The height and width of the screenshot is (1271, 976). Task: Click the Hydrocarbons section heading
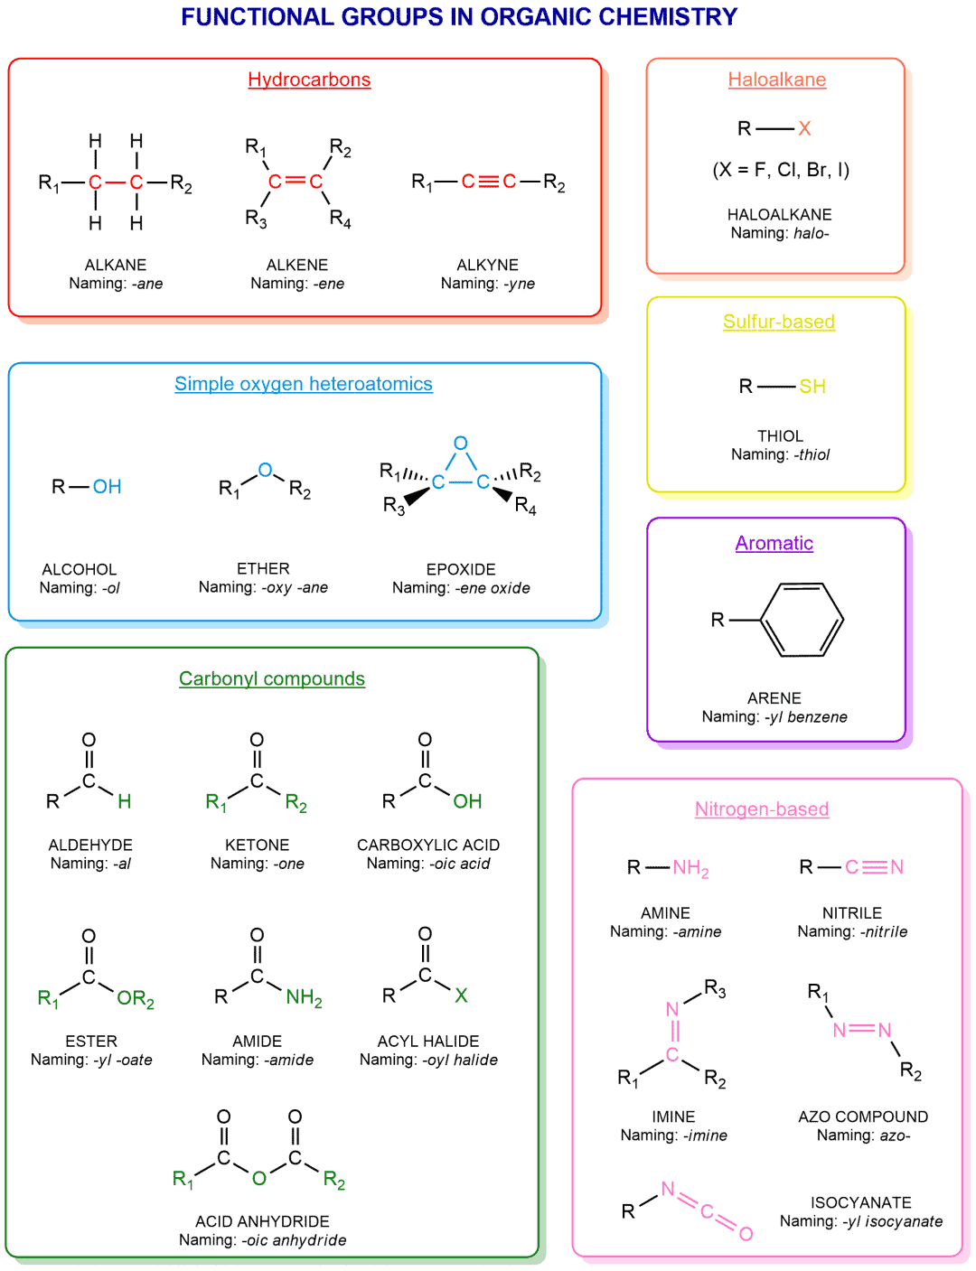309,79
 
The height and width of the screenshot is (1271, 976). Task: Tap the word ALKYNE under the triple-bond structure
487,265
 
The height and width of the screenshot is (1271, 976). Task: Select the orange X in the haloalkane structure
804,128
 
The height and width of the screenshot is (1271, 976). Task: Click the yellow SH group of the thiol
812,386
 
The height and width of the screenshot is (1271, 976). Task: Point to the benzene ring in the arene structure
802,620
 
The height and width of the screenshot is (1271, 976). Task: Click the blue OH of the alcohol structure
107,486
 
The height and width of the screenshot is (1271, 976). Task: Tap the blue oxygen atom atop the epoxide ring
461,443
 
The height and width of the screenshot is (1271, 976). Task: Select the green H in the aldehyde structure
124,800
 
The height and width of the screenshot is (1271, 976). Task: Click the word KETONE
258,845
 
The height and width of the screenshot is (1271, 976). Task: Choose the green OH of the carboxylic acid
467,800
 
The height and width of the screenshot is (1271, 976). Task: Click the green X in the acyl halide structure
461,995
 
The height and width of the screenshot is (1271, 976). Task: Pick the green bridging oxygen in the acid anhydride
259,1178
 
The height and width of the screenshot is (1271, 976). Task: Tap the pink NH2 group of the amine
690,867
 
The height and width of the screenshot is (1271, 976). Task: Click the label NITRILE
852,913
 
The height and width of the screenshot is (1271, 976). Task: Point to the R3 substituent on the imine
715,988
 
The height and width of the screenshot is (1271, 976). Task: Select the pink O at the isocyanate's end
746,1234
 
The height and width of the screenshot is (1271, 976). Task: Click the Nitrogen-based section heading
762,808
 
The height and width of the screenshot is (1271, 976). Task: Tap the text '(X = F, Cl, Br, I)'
781,170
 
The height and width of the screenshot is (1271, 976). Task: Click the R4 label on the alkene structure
340,220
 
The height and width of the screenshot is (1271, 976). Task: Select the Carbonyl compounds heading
272,678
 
